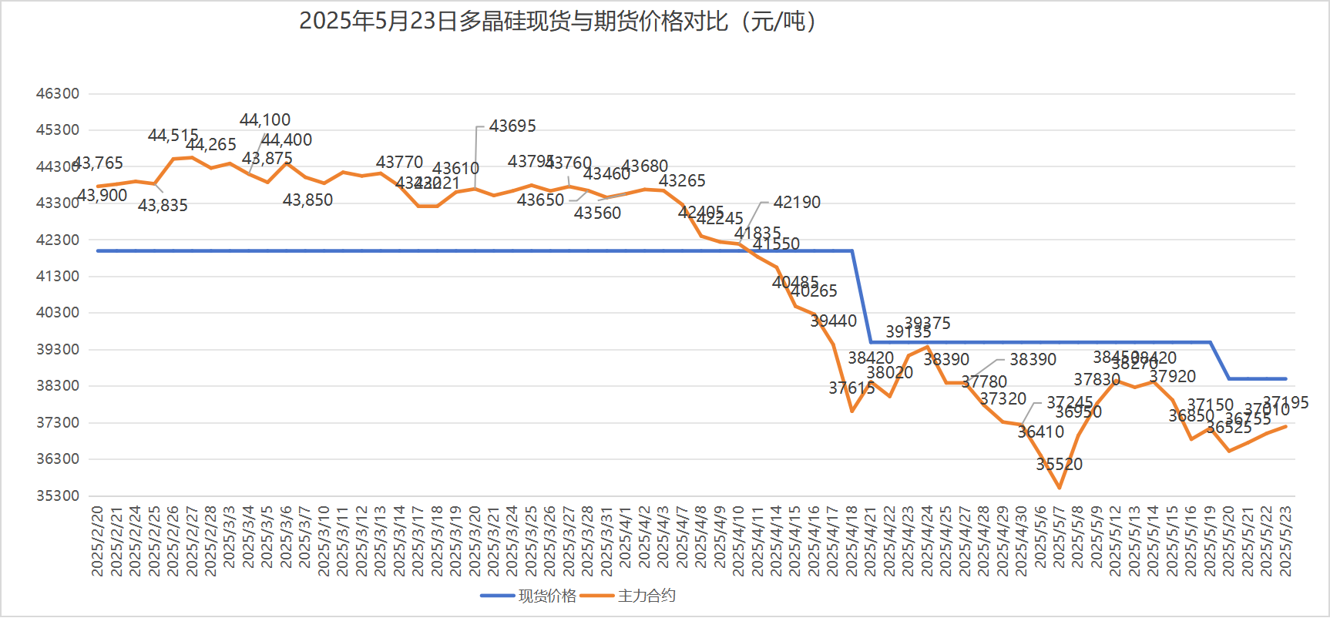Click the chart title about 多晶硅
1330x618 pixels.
click(557, 21)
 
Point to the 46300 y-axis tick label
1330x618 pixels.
click(58, 93)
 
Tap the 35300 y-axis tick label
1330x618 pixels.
click(58, 495)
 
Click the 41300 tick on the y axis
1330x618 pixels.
click(58, 276)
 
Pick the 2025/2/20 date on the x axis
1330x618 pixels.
click(98, 541)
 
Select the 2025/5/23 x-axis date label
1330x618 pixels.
click(1285, 541)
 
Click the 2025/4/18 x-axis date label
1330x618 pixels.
click(851, 541)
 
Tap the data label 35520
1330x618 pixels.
click(1059, 464)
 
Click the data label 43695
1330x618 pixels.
click(512, 126)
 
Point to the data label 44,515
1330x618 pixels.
click(173, 136)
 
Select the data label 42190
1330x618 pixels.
click(797, 202)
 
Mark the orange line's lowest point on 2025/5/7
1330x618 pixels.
click(1060, 487)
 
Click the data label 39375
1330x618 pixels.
click(928, 323)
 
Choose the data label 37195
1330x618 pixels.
click(1286, 402)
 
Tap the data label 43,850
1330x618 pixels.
click(307, 200)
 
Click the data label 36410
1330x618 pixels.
click(1040, 432)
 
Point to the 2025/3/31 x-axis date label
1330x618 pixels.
click(606, 541)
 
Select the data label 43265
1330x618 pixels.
click(682, 180)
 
